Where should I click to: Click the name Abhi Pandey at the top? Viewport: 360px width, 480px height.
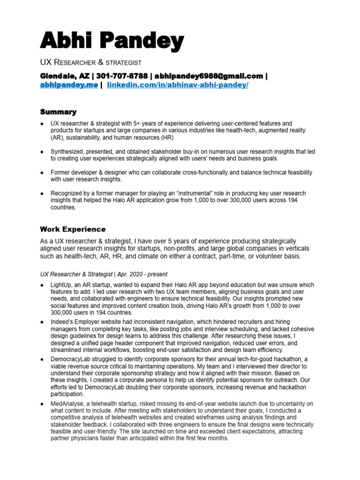112,42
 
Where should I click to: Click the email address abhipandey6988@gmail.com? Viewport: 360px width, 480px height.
209,76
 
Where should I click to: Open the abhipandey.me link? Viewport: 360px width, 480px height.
69,85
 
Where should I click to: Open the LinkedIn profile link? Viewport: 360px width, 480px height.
178,85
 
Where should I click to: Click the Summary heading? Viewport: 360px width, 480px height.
58,112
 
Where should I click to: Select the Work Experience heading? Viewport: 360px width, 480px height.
73,229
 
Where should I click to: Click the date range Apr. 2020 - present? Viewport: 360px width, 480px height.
142,274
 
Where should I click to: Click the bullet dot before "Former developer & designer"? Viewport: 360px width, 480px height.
42,172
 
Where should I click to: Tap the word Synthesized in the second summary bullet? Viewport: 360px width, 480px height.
68,151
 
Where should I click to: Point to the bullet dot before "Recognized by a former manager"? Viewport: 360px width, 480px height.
42,193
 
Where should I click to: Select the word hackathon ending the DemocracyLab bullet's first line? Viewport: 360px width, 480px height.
293,359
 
